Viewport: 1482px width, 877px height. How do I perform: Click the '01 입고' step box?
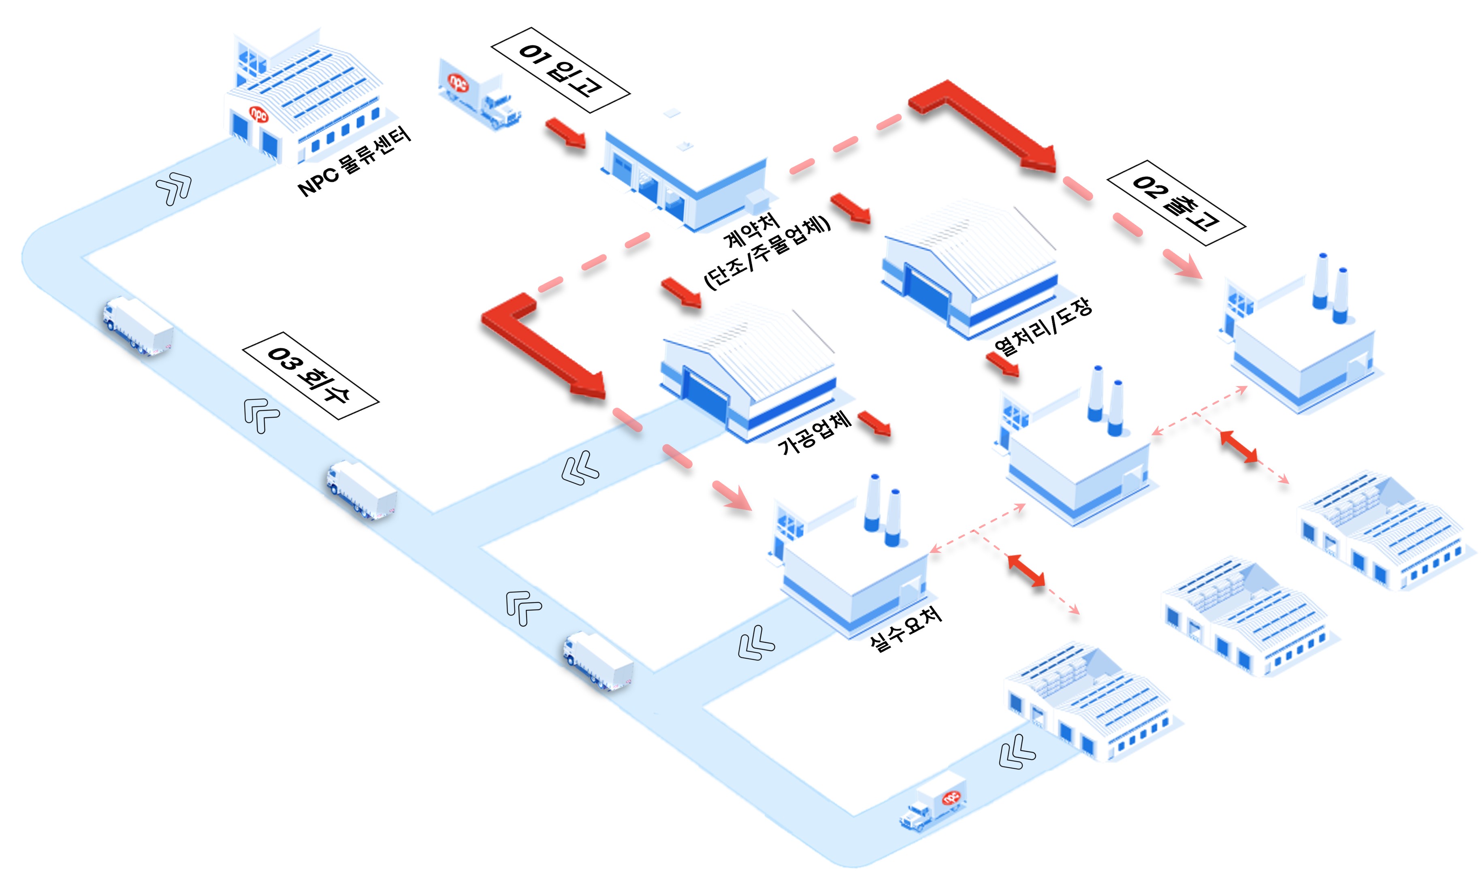(x=560, y=70)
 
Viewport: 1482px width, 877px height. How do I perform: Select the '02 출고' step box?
(x=1175, y=203)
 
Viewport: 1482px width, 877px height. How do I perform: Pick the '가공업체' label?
(x=815, y=433)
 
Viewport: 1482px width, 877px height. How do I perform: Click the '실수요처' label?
(x=905, y=629)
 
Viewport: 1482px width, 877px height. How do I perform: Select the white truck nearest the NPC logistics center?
(x=138, y=325)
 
